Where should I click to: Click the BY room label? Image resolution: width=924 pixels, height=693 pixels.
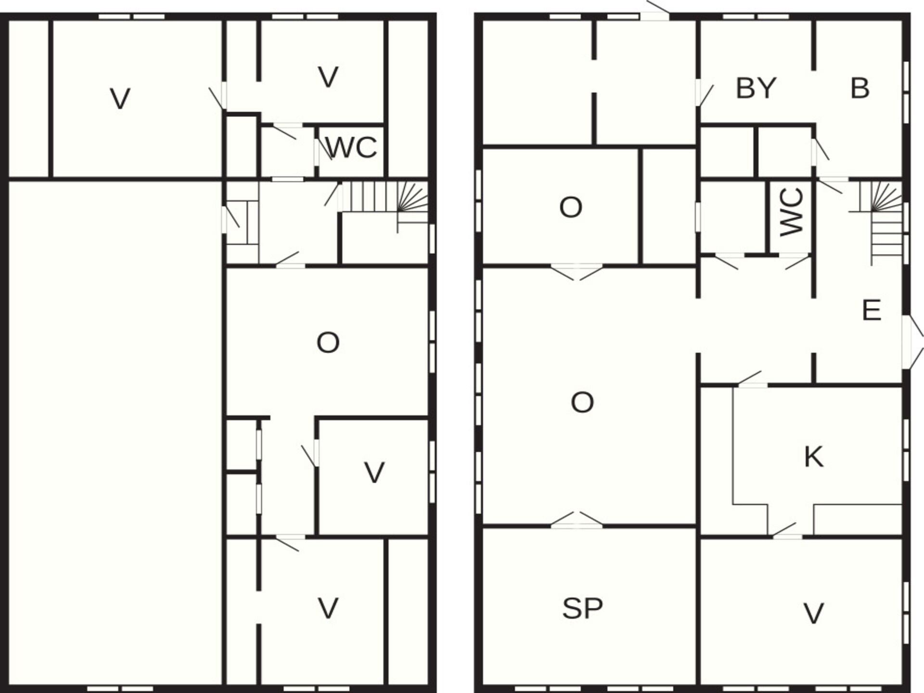[756, 88]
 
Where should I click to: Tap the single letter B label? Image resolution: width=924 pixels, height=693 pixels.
[860, 88]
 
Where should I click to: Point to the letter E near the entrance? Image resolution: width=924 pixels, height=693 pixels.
[872, 310]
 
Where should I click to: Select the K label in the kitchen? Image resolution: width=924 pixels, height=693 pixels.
[814, 457]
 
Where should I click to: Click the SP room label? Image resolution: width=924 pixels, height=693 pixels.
[582, 608]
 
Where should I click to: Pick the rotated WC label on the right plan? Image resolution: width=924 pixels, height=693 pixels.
[792, 212]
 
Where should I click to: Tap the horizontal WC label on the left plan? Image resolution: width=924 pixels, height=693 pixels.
[351, 148]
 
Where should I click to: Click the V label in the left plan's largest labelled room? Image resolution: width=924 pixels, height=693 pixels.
[120, 99]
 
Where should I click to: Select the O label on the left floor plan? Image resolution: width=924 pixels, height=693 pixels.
[328, 343]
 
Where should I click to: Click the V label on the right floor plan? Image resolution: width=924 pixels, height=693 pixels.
[814, 614]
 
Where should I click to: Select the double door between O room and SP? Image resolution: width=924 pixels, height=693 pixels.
[577, 520]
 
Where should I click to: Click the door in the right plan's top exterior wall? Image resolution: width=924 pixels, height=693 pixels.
[655, 11]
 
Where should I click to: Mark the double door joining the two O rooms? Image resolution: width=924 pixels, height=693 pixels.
[577, 272]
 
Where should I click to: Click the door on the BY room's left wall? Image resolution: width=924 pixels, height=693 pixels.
[704, 93]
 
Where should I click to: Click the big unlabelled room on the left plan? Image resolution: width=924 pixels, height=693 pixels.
[115, 433]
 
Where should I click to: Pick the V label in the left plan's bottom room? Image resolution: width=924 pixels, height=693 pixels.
[328, 609]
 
